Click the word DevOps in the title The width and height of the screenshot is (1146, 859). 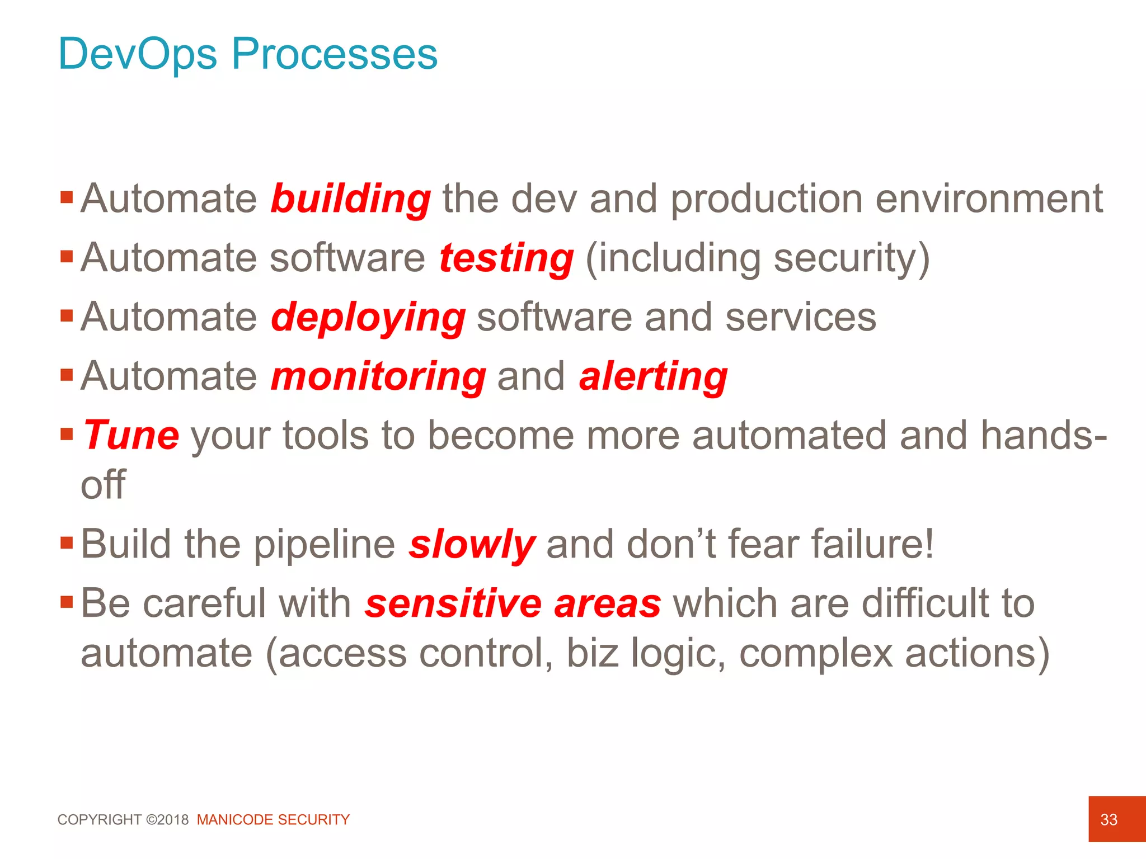click(x=137, y=54)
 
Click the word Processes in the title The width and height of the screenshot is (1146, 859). click(x=334, y=54)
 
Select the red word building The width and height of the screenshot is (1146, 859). click(x=350, y=200)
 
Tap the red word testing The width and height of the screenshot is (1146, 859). click(x=506, y=259)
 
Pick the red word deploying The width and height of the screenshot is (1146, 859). click(x=368, y=318)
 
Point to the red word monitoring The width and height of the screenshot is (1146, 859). click(x=378, y=376)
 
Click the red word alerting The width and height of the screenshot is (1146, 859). click(x=653, y=376)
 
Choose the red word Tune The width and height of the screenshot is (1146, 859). click(x=131, y=436)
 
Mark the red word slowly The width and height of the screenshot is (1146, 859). click(x=471, y=545)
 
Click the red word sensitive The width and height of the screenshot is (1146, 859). click(x=453, y=604)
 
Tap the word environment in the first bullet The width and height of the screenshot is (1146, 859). click(x=989, y=200)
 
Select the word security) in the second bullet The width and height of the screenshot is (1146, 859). click(x=852, y=259)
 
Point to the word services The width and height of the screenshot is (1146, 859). click(x=801, y=317)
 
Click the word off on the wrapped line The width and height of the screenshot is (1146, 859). click(x=103, y=485)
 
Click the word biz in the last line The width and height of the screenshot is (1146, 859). click(x=592, y=653)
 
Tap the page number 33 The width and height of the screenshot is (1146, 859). click(x=1109, y=820)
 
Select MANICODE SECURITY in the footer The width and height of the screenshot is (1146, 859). click(x=273, y=820)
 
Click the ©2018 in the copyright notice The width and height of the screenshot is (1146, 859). click(x=167, y=820)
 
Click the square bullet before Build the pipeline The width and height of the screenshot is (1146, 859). click(x=67, y=542)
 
